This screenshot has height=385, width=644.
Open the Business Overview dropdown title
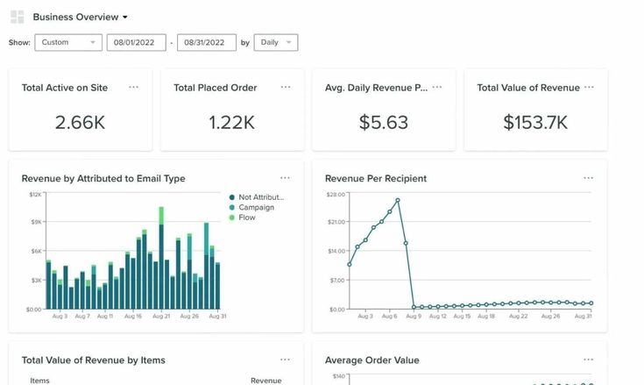click(x=80, y=17)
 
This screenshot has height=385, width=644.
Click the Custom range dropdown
click(x=68, y=42)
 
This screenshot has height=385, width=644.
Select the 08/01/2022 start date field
click(x=136, y=42)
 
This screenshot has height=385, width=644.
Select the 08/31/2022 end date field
click(x=206, y=42)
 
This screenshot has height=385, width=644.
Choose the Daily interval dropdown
click(x=275, y=42)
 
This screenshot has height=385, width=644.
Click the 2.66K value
click(x=80, y=123)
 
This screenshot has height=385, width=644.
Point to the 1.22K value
click(x=231, y=123)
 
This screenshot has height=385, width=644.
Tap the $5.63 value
click(x=383, y=123)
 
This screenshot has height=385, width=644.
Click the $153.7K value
click(x=535, y=123)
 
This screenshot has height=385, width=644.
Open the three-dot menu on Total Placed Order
click(x=286, y=87)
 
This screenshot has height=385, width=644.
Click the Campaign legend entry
click(x=256, y=207)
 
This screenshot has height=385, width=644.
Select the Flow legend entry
click(x=247, y=217)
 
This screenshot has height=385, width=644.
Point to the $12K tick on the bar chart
click(x=35, y=194)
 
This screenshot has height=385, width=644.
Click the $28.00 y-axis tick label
click(x=336, y=194)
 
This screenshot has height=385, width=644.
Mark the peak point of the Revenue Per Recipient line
click(x=398, y=200)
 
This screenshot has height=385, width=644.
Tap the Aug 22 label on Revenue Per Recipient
click(x=518, y=316)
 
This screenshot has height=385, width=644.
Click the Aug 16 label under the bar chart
click(x=133, y=316)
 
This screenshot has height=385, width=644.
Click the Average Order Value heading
click(x=372, y=360)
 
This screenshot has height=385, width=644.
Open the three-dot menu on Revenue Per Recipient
click(x=589, y=178)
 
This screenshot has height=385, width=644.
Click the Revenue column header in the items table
click(x=265, y=381)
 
